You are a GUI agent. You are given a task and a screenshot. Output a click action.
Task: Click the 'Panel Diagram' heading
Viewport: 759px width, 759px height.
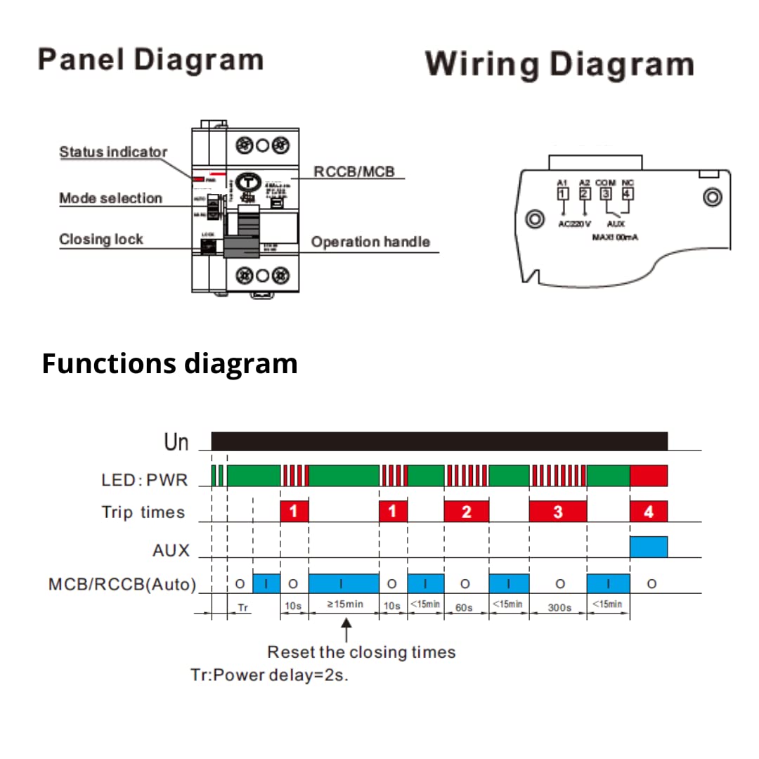point(150,60)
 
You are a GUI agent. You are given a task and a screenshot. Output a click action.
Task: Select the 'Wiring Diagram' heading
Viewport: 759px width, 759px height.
point(559,64)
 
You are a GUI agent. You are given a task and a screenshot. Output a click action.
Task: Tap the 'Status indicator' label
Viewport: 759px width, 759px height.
point(113,152)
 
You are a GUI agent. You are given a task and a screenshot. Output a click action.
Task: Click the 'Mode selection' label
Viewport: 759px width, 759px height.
point(110,198)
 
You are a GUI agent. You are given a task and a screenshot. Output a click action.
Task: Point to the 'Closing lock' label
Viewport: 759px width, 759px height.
point(100,239)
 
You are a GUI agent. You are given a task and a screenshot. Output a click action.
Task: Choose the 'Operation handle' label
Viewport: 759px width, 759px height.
point(370,242)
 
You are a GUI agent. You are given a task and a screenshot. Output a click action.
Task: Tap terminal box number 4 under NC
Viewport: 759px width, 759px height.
point(628,194)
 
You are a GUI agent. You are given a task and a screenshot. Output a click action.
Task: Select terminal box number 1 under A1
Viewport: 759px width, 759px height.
point(562,194)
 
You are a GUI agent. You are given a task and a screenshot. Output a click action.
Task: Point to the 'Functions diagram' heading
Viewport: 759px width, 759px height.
point(169,364)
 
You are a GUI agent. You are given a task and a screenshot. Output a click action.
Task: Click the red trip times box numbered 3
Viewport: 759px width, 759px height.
point(557,512)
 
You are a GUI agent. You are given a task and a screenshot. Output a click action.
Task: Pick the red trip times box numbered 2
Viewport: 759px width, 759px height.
point(466,512)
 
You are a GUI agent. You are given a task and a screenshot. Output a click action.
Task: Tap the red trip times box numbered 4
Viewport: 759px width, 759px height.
point(648,512)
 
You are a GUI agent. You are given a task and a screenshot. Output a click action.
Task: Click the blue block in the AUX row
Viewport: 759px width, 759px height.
point(648,547)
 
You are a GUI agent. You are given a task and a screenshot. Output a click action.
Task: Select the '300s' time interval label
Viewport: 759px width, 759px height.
point(559,607)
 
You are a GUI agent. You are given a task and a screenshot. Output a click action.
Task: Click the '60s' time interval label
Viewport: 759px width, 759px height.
point(464,607)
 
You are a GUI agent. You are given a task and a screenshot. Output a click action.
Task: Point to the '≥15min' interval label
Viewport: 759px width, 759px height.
point(344,604)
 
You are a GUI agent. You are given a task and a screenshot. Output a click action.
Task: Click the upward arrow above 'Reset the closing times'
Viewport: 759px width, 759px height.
point(346,627)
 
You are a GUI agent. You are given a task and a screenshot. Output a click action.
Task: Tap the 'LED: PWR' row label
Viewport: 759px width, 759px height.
point(145,481)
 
